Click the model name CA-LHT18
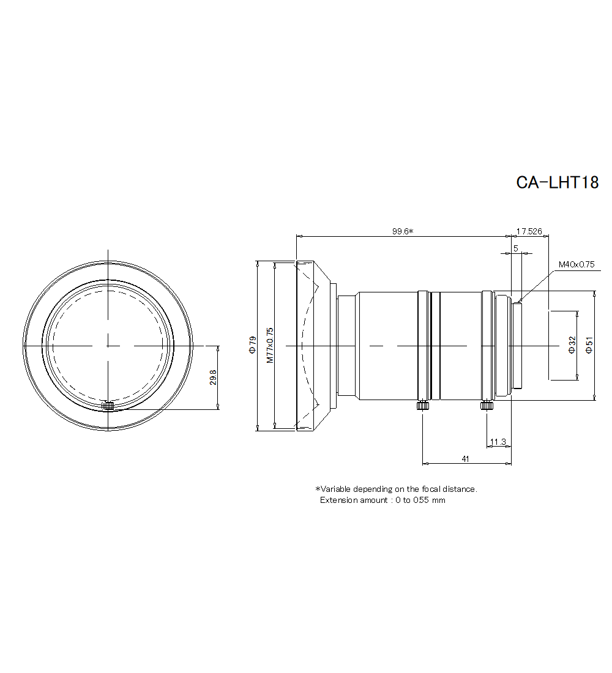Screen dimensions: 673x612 coord(557,183)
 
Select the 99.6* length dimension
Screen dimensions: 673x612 coord(403,231)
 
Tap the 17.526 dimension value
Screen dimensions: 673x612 coord(529,231)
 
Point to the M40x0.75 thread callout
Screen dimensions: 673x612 coord(576,265)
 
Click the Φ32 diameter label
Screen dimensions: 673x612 coord(572,344)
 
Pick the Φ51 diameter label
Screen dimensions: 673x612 coord(589,344)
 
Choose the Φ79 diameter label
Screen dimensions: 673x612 coord(252,344)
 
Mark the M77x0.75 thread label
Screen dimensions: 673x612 coord(270,346)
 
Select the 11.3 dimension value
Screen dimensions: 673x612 coord(498,442)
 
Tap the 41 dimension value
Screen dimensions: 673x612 coord(465,459)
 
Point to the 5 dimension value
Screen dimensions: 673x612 coord(516,248)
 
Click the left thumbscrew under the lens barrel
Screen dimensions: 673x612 coord(423,405)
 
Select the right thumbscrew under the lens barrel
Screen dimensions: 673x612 coord(487,405)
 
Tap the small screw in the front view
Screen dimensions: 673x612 coord(108,405)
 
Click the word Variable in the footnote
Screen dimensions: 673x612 coord(336,489)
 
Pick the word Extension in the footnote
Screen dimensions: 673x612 coord(338,500)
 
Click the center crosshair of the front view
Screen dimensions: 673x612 coord(108,346)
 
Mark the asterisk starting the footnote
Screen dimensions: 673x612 coord(318,489)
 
